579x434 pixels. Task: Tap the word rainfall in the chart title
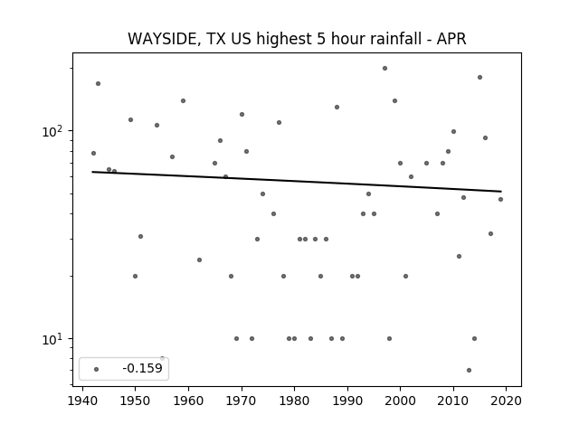pyautogui.click(x=394, y=38)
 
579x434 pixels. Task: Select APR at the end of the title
pyautogui.click(x=451, y=39)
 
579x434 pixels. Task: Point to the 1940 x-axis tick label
pyautogui.click(x=82, y=401)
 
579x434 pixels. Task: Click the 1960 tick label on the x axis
pyautogui.click(x=188, y=401)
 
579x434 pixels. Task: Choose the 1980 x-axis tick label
pyautogui.click(x=294, y=401)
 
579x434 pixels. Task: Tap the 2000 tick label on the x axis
pyautogui.click(x=400, y=401)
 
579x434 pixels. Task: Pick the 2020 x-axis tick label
pyautogui.click(x=506, y=401)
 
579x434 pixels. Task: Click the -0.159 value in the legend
pyautogui.click(x=142, y=368)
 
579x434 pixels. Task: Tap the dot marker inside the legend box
pyautogui.click(x=97, y=369)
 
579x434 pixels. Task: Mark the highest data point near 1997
pyautogui.click(x=384, y=69)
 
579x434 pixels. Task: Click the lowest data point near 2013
pyautogui.click(x=469, y=370)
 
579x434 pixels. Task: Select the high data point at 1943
pyautogui.click(x=99, y=84)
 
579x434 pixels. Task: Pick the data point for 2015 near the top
pyautogui.click(x=480, y=78)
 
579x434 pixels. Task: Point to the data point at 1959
pyautogui.click(x=183, y=100)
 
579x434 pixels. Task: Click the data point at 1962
pyautogui.click(x=199, y=259)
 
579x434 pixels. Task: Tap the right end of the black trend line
pyautogui.click(x=501, y=191)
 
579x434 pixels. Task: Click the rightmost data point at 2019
pyautogui.click(x=500, y=199)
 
